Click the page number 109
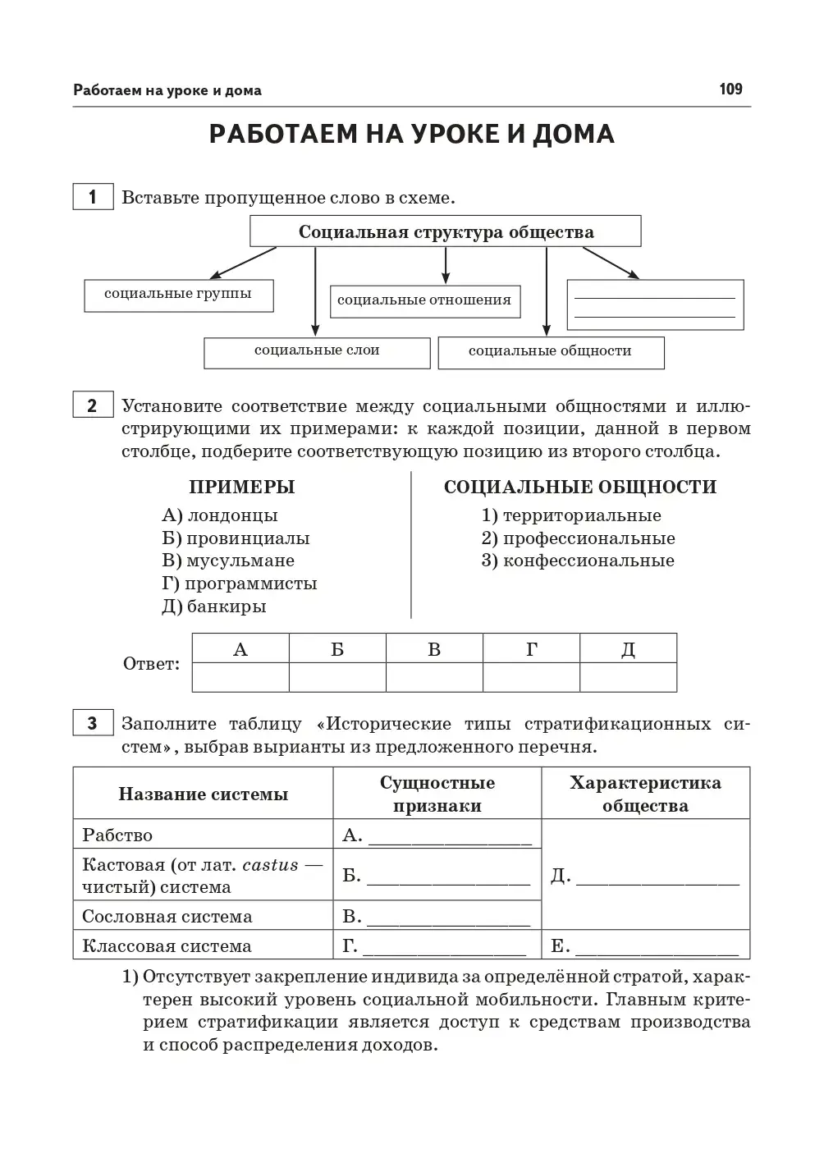tap(730, 89)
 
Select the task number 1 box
tap(93, 197)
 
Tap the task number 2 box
tap(93, 405)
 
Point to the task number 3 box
tap(93, 723)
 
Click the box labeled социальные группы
tap(178, 295)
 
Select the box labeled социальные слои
tap(317, 352)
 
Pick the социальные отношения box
tap(423, 301)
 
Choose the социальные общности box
tap(551, 352)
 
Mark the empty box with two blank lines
tap(655, 305)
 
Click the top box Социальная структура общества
tap(446, 231)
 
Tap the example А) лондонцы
tap(220, 515)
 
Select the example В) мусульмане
tap(228, 561)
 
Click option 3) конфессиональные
tap(578, 561)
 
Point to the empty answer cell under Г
tap(531, 677)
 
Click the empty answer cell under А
tap(240, 677)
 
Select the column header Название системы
tap(203, 794)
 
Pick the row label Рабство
tap(117, 835)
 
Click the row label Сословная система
tap(167, 916)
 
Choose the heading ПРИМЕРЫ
tap(241, 487)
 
